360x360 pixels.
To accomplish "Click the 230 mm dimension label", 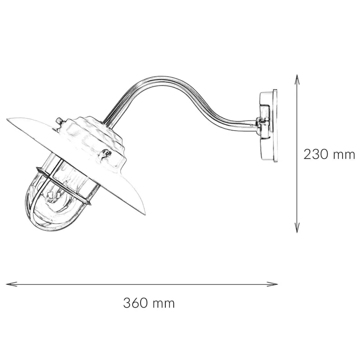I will coord(329,155).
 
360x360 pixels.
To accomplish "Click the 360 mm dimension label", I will coord(149,303).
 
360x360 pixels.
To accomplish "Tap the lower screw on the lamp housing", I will coord(107,154).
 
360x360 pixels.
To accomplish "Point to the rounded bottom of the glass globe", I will coord(46,226).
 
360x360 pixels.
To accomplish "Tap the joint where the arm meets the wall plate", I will coord(259,123).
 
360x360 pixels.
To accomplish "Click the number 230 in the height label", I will coord(316,155).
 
